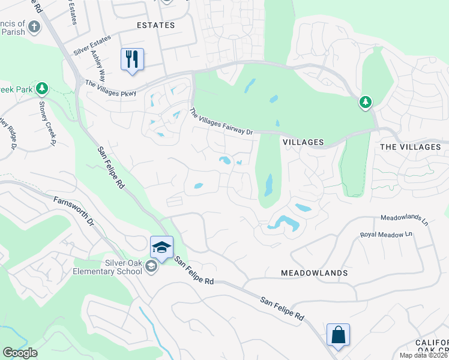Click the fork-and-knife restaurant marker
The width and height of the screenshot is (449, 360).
132,59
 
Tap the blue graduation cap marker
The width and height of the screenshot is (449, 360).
161,247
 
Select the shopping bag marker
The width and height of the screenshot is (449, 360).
338,335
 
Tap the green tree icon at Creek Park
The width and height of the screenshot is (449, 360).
41,89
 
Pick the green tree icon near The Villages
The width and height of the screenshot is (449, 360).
365,103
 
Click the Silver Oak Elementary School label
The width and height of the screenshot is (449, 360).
114,266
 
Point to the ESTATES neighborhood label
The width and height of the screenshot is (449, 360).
155,25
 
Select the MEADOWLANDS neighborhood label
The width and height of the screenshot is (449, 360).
314,273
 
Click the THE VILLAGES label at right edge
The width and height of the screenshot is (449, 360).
411,147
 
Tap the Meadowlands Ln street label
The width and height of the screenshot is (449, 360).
404,220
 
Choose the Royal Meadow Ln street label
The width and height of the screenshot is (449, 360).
387,235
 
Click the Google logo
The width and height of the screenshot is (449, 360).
20,353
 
